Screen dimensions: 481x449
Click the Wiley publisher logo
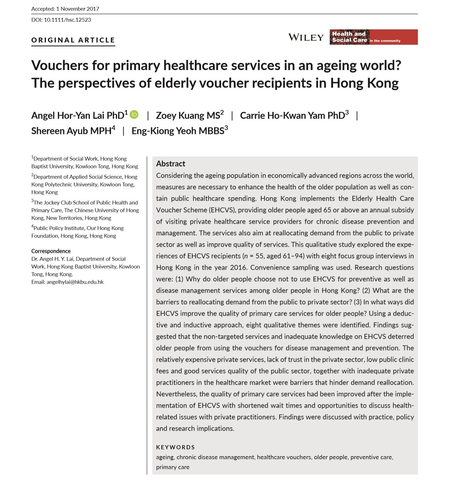306,37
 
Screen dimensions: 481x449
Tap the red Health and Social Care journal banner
373,37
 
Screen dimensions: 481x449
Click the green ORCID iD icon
134,114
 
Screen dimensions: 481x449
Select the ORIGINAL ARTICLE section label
73,40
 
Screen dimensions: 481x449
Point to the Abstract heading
171,164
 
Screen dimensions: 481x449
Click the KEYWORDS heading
175,447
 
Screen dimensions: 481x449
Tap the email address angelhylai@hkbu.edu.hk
75,282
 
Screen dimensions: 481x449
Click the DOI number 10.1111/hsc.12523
67,20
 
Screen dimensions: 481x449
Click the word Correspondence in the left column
51,251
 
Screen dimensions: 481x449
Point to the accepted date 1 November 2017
78,9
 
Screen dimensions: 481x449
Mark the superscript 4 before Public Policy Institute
32,226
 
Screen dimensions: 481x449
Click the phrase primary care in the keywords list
173,467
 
